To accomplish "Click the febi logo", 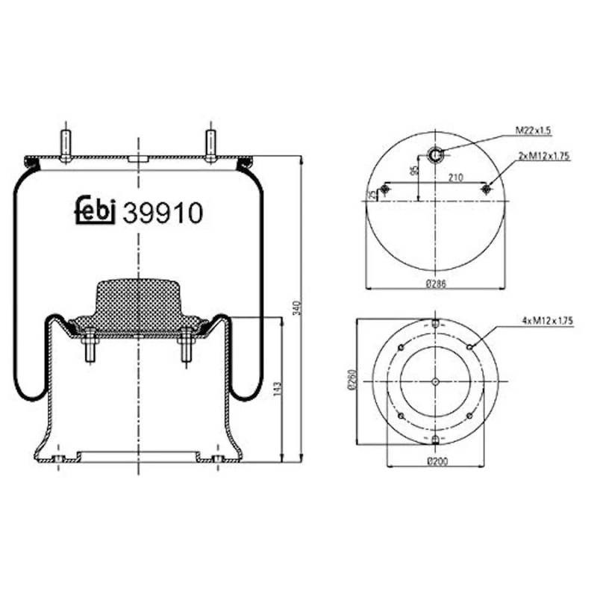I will pyautogui.click(x=96, y=210).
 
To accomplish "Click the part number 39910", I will pyautogui.click(x=163, y=213).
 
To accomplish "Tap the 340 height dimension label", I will pyautogui.click(x=297, y=307).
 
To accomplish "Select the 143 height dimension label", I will pyautogui.click(x=277, y=388).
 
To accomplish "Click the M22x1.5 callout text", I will pyautogui.click(x=532, y=131).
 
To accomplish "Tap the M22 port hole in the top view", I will pyautogui.click(x=436, y=154).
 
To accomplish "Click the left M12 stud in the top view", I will pyautogui.click(x=385, y=190).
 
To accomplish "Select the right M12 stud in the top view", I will pyautogui.click(x=487, y=190).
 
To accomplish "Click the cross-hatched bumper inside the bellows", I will pyautogui.click(x=138, y=306).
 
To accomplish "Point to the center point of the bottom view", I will pyautogui.click(x=436, y=382).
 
